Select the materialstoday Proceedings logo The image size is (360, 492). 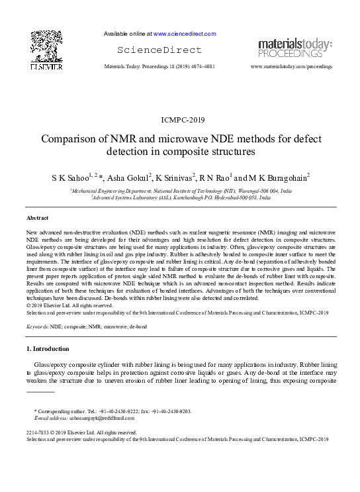pyautogui.click(x=294, y=48)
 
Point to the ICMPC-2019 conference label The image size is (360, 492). pyautogui.click(x=179, y=120)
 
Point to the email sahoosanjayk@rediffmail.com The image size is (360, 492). pyautogui.click(x=94, y=418)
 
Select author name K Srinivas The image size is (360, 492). pyautogui.click(x=175, y=178)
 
